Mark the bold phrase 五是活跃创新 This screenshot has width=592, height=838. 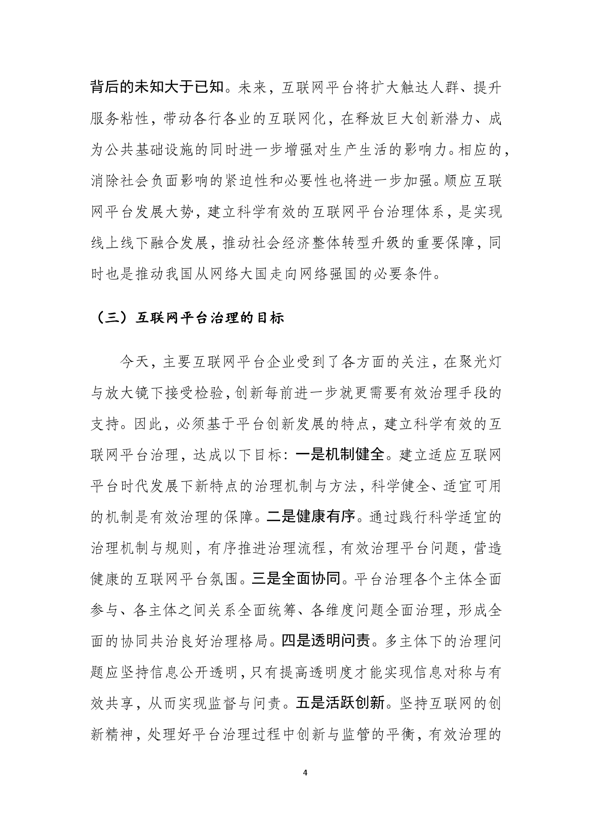tap(340, 703)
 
